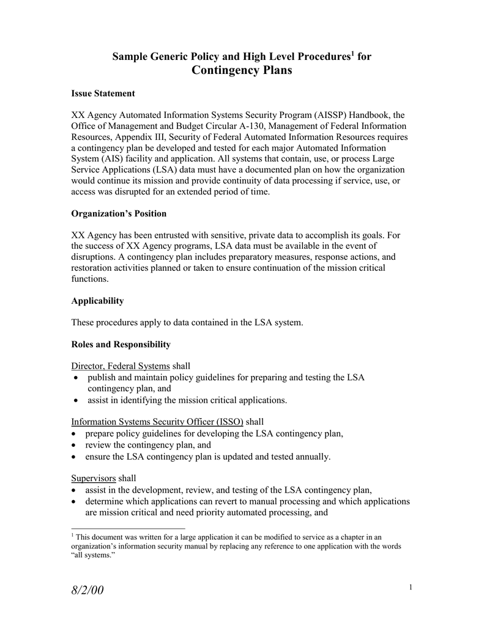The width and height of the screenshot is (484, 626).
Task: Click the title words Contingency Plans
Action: point(242,70)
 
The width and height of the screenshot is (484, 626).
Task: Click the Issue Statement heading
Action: point(103,94)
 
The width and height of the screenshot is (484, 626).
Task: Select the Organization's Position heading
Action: point(119,214)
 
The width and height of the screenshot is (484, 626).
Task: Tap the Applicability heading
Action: point(97,301)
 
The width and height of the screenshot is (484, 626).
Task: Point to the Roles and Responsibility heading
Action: point(121,344)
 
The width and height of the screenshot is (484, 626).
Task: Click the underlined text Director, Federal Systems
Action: point(121,366)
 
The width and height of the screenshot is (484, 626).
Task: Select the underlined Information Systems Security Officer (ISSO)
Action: point(157,422)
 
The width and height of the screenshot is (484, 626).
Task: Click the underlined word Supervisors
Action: point(94,478)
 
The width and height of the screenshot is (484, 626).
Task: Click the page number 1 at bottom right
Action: point(411,587)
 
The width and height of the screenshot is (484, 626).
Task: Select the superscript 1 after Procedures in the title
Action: point(352,54)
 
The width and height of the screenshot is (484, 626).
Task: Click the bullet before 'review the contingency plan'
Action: point(75,446)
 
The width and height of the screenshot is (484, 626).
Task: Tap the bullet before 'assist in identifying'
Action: point(75,401)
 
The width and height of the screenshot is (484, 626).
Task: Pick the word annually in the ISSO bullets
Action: point(312,456)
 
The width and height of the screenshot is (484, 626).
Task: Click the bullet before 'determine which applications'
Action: point(75,502)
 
